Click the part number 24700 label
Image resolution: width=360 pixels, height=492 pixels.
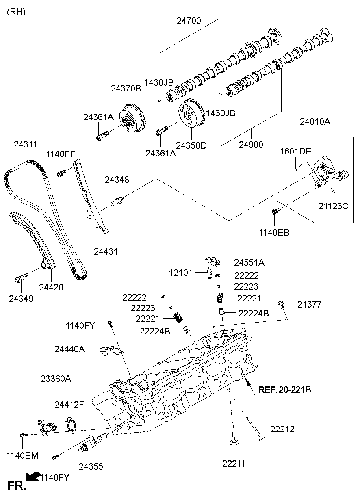[189, 21]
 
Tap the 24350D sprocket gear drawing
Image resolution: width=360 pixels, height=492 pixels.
[191, 113]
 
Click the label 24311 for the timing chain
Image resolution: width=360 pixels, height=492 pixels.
[25, 145]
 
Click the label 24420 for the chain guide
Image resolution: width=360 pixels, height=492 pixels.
[51, 287]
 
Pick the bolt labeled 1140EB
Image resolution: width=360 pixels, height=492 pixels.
[275, 210]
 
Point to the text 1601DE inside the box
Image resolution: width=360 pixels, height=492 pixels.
[295, 152]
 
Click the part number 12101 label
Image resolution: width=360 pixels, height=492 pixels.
[180, 273]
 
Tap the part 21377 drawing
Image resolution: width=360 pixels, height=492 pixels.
[281, 304]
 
